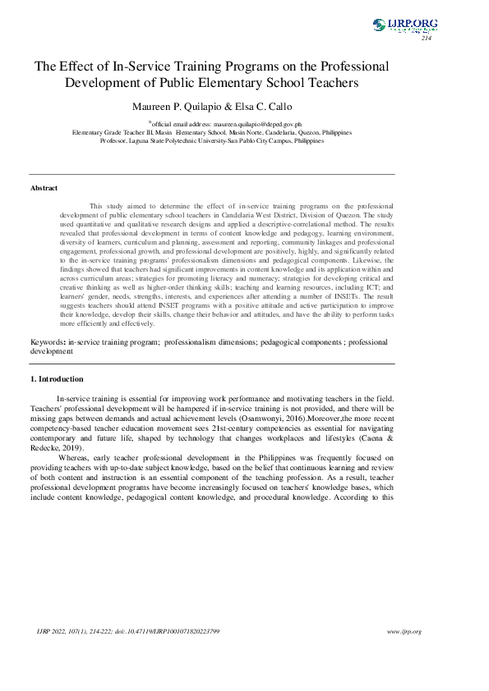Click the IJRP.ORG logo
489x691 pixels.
pyautogui.click(x=404, y=25)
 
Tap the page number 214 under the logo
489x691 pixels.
pyautogui.click(x=426, y=39)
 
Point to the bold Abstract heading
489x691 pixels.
pyautogui.click(x=44, y=188)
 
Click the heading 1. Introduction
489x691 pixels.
pyautogui.click(x=57, y=379)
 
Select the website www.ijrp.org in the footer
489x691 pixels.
pyautogui.click(x=404, y=631)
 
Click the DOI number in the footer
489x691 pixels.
pyautogui.click(x=176, y=631)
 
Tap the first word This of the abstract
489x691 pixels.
pyautogui.click(x=96, y=206)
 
